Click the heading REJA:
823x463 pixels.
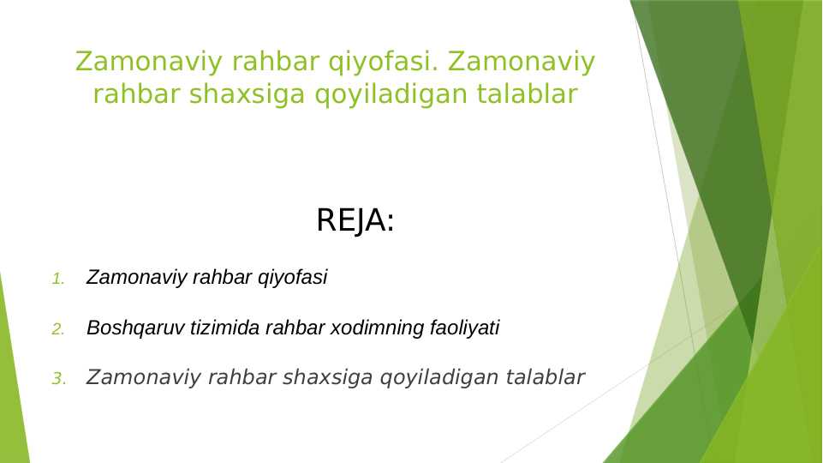[x=355, y=221]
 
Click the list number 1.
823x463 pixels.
[x=58, y=279]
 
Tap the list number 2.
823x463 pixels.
[x=58, y=328]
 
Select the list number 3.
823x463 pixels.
[x=58, y=378]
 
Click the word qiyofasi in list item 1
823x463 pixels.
[x=293, y=278]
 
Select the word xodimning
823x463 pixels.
[x=367, y=328]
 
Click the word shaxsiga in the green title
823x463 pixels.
[x=251, y=94]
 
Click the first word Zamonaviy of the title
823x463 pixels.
[x=136, y=62]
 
